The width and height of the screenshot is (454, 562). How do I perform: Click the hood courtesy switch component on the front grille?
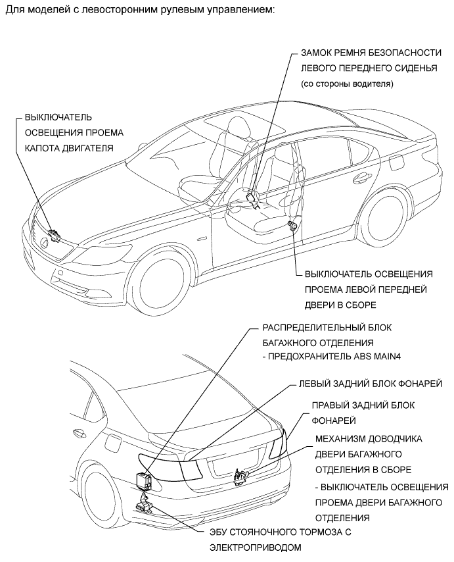[x=54, y=234]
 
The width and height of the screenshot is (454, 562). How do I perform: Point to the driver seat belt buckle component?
[x=252, y=197]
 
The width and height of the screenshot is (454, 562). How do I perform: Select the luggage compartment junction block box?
[x=144, y=480]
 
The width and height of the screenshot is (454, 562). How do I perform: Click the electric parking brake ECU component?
[x=144, y=505]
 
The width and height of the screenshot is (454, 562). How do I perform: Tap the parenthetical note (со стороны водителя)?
[x=346, y=84]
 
